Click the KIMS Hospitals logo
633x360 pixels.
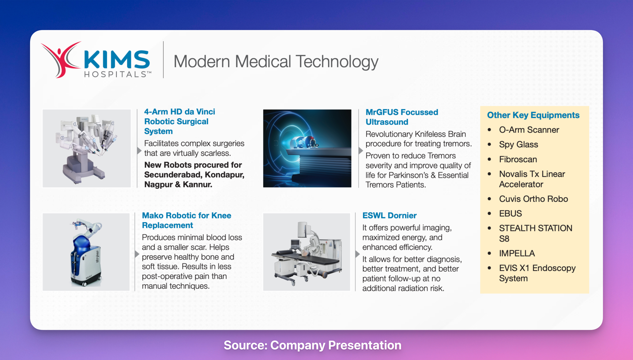tap(96, 60)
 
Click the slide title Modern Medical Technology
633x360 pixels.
tap(276, 62)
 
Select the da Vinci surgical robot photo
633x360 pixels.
tap(87, 149)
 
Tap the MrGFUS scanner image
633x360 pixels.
tap(307, 149)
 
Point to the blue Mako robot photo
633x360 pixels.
tap(86, 252)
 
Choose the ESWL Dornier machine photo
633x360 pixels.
tap(307, 252)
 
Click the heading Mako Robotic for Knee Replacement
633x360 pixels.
tap(187, 220)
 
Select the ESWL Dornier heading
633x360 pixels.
tap(390, 215)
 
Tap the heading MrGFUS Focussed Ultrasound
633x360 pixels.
tap(402, 117)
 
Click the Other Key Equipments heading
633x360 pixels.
tap(533, 115)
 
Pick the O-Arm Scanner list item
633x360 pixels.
tap(529, 130)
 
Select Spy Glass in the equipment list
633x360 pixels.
tap(518, 144)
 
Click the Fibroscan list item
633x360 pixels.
tap(518, 159)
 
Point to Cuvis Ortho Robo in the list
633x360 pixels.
tap(534, 199)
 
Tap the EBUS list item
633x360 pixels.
tap(510, 214)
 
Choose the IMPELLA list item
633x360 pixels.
tap(517, 253)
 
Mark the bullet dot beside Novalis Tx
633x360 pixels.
tap(489, 174)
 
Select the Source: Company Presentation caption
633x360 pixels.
tap(313, 345)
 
